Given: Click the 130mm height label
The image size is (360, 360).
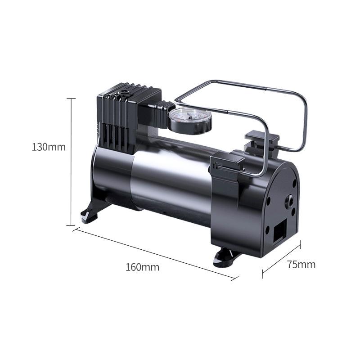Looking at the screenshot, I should pos(49,147).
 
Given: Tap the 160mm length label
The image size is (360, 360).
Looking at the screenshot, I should pos(142,267).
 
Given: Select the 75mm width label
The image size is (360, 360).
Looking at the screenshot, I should pos(301,264).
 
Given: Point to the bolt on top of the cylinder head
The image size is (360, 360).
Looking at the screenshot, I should pos(122,94).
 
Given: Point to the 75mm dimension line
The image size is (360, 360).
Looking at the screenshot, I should pos(281,259).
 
